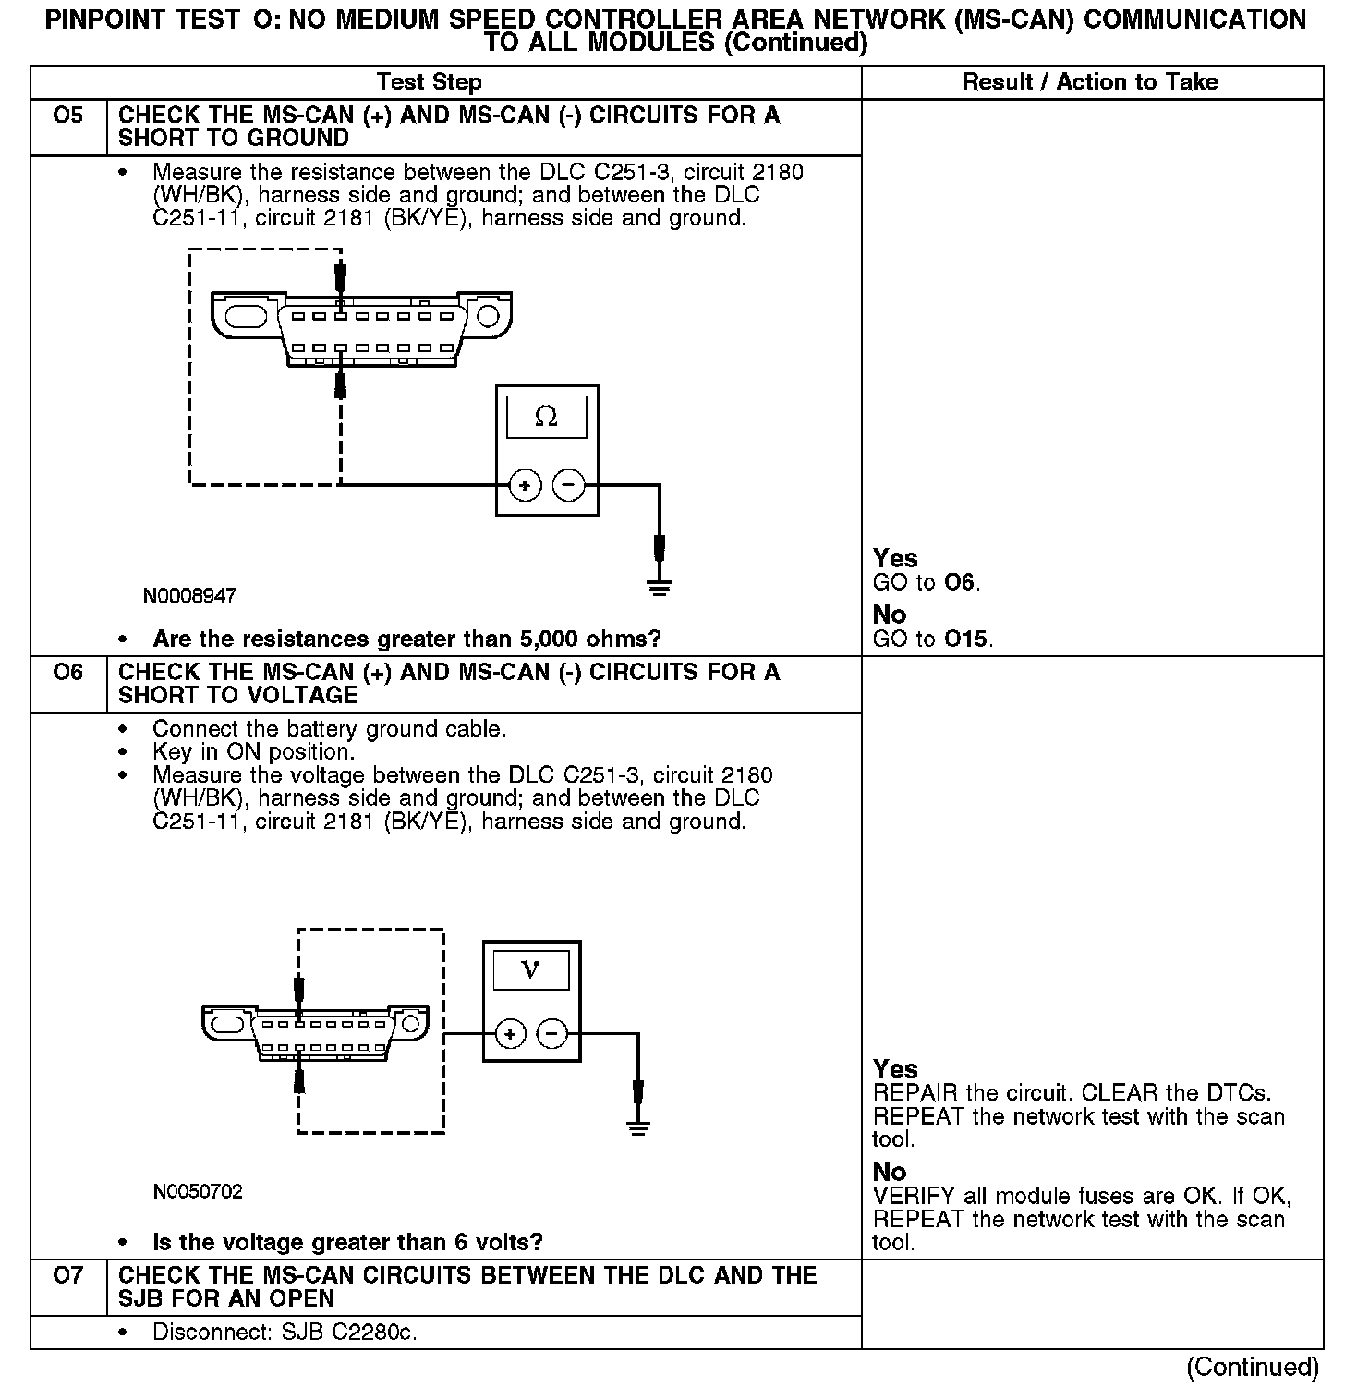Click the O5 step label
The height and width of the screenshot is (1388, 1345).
point(68,116)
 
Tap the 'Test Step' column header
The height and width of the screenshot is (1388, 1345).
point(430,82)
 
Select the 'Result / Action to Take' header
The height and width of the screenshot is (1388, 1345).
point(1090,82)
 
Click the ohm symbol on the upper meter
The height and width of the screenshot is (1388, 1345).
point(546,418)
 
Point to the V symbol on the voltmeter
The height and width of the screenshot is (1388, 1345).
point(530,969)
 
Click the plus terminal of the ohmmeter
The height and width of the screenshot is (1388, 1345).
point(525,485)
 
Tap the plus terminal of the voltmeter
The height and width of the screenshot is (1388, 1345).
point(511,1033)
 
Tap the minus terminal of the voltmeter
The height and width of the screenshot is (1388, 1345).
point(552,1033)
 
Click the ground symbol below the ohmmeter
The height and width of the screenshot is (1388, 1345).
point(659,588)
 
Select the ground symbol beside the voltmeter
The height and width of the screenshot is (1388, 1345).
point(637,1127)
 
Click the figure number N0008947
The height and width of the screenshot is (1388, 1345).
point(189,596)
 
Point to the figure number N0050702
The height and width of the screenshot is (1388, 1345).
point(198,1192)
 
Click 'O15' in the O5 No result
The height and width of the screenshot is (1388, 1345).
point(966,639)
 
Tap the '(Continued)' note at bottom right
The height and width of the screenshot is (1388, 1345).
point(1252,1367)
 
